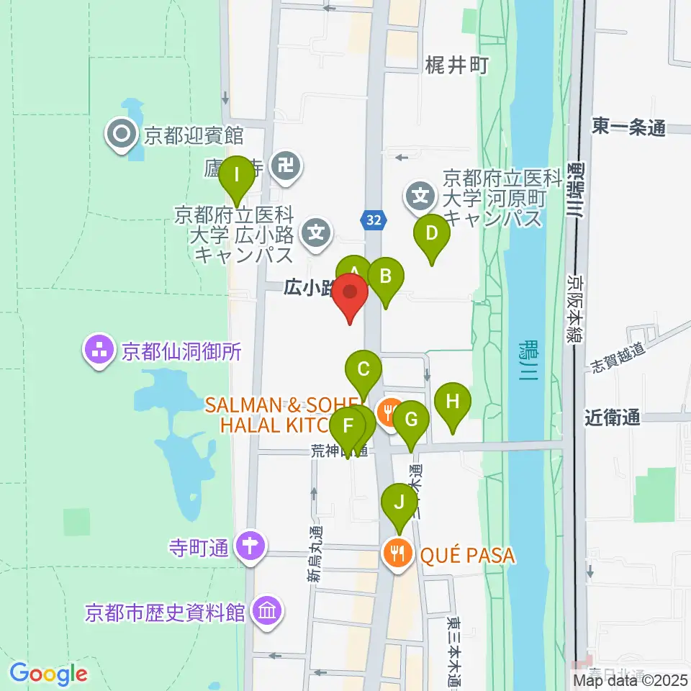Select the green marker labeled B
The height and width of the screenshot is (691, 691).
(386, 276)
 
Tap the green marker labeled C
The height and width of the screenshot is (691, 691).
(363, 370)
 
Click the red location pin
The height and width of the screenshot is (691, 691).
(351, 294)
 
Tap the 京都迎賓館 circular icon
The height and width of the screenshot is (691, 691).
(120, 134)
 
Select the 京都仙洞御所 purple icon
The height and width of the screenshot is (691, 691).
(99, 351)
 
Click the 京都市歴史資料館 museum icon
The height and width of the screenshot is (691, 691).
(268, 612)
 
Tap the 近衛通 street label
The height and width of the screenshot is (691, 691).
(612, 417)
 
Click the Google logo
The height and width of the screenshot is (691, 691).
(48, 674)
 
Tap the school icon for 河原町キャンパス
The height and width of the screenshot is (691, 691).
(420, 194)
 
